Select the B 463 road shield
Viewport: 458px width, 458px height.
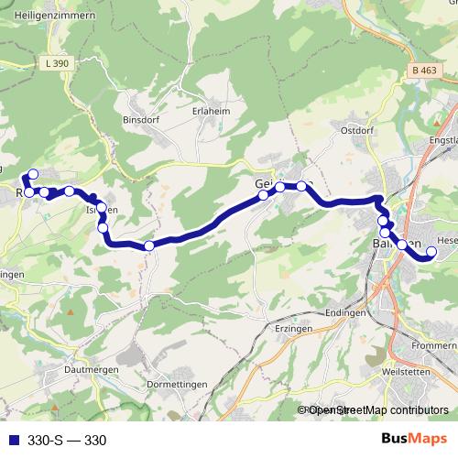click(x=422, y=71)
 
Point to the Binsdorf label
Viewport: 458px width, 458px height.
click(x=141, y=119)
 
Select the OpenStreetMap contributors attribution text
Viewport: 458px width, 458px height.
click(x=378, y=410)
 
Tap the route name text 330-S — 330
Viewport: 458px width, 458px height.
click(x=67, y=441)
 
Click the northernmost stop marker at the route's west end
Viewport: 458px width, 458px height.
click(x=34, y=174)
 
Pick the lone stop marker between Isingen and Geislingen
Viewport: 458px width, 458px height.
click(x=148, y=245)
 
